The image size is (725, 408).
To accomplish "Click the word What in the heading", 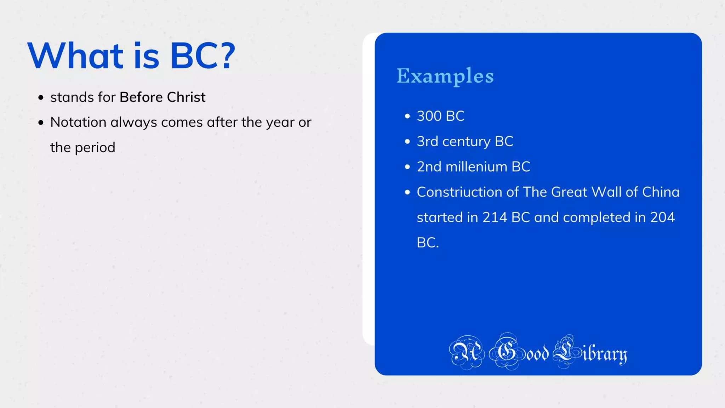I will [x=75, y=56].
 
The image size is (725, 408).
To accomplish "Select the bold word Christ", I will [x=186, y=97].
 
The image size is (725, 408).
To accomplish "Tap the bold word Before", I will [x=141, y=97].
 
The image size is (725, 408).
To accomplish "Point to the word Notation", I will [x=78, y=122].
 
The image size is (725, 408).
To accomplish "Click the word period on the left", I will [x=95, y=148].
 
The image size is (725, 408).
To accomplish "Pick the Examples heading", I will [x=445, y=76].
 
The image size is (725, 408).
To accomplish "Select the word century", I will [x=466, y=142].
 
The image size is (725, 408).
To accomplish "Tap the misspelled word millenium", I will [x=476, y=167].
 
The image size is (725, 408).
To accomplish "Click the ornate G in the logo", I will [x=507, y=352].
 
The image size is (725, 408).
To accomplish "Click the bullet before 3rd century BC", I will [x=407, y=142].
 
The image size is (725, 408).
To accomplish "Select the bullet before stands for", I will [x=41, y=97].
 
